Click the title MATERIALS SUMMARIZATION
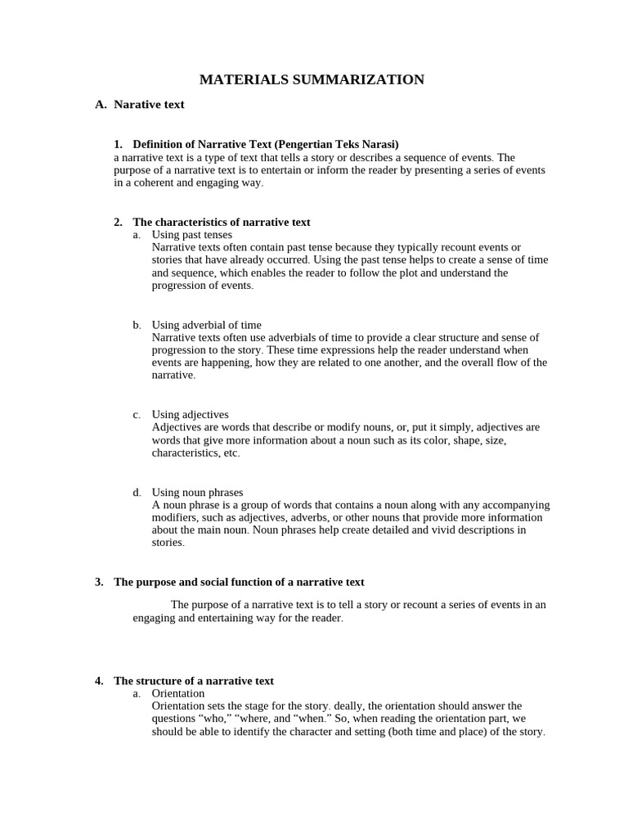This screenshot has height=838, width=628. pos(312,79)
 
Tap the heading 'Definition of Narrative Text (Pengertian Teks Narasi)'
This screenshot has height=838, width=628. pos(266,145)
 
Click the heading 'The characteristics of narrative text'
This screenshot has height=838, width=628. pos(221,222)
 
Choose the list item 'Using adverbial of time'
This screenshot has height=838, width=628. pos(207,325)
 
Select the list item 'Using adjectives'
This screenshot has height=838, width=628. pos(191,415)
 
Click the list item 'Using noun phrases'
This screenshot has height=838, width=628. pos(197,493)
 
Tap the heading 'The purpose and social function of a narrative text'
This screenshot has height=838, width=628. pos(239,582)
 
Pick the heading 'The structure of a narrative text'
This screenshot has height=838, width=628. pos(193,681)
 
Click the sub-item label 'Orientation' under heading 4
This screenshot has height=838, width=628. pos(178,693)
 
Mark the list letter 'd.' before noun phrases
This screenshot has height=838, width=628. pos(137,493)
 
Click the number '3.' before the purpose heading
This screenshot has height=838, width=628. pos(99,582)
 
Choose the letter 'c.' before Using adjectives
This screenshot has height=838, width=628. pos(137,415)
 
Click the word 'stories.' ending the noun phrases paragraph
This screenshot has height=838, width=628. pos(168,542)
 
